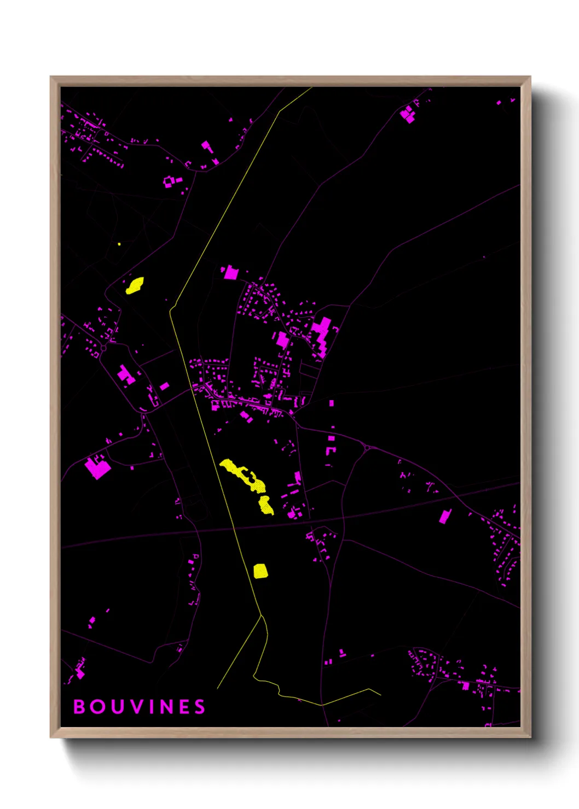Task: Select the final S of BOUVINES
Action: click(x=200, y=707)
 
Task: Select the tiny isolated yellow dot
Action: click(x=119, y=244)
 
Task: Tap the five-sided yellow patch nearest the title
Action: click(x=260, y=571)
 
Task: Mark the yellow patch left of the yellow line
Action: click(x=135, y=285)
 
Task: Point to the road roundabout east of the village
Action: click(x=367, y=449)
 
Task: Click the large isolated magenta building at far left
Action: click(x=97, y=468)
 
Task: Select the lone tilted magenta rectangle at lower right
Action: click(x=445, y=516)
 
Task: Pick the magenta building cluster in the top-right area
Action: click(x=408, y=114)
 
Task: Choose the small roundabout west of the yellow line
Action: click(x=103, y=348)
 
